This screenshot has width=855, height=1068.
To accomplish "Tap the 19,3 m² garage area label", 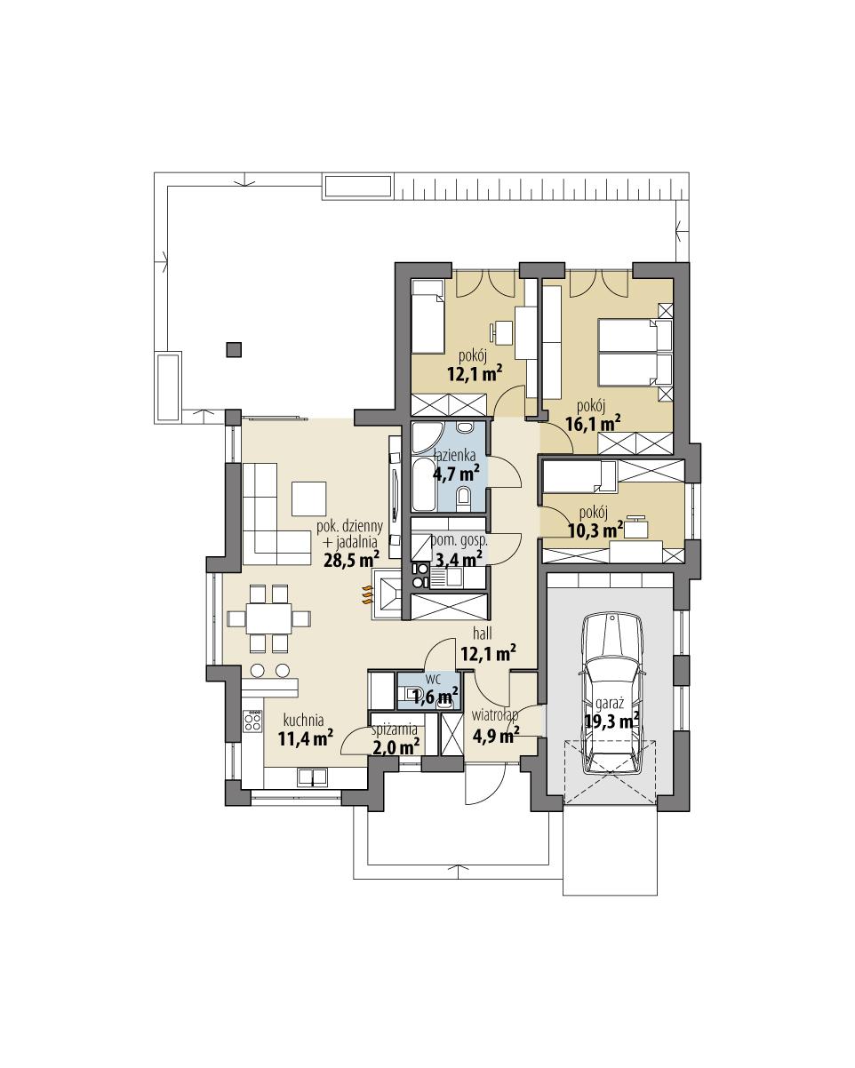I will coord(611,721).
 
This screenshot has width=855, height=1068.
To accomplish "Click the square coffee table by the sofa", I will coord(308,498).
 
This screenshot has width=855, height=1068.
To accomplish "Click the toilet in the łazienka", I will coord(463,498).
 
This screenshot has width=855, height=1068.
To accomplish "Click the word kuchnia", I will coord(303,720).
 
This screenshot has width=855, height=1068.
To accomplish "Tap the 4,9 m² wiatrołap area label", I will coord(496,735).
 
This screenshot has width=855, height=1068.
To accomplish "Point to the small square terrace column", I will coord(233,349).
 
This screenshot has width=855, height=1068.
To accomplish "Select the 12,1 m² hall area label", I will coord(488,654).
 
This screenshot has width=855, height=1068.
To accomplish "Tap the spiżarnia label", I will coord(395,729).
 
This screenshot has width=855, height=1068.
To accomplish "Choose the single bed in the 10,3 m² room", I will coord(579,476).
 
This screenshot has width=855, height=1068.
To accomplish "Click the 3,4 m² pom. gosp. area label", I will coord(458,558).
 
